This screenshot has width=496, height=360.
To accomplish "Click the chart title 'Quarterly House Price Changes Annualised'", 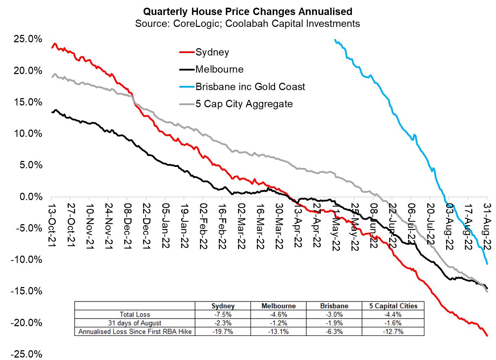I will click(247, 12).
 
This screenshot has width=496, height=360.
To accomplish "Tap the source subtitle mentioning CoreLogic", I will click(247, 24).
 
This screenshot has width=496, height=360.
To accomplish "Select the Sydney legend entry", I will click(212, 52).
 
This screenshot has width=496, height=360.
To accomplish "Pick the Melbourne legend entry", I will click(219, 69).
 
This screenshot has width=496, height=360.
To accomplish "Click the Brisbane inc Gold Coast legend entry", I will click(250, 87).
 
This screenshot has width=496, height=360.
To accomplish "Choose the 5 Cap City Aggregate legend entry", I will click(244, 104).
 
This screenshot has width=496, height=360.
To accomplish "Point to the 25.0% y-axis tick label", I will click(28, 39).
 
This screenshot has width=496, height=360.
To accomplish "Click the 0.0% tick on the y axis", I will click(31, 197).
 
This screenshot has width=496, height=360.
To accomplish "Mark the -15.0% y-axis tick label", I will click(27, 291).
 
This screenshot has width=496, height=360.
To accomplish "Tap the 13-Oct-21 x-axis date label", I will click(52, 226).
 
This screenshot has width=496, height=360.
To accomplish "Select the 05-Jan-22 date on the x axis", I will click(165, 226).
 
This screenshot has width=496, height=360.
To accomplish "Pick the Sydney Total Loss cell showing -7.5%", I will click(223, 315).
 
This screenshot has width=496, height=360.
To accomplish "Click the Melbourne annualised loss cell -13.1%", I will click(278, 332).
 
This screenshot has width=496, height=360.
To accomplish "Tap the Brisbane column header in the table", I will click(334, 306).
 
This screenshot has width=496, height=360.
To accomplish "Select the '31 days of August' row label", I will click(135, 323).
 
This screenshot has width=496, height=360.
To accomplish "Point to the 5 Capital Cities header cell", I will click(393, 306).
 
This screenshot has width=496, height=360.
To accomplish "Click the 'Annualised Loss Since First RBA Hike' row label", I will click(135, 332).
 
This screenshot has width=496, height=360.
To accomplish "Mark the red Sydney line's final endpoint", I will click(487, 336).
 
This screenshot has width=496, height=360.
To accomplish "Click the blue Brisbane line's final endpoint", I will click(487, 264).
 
